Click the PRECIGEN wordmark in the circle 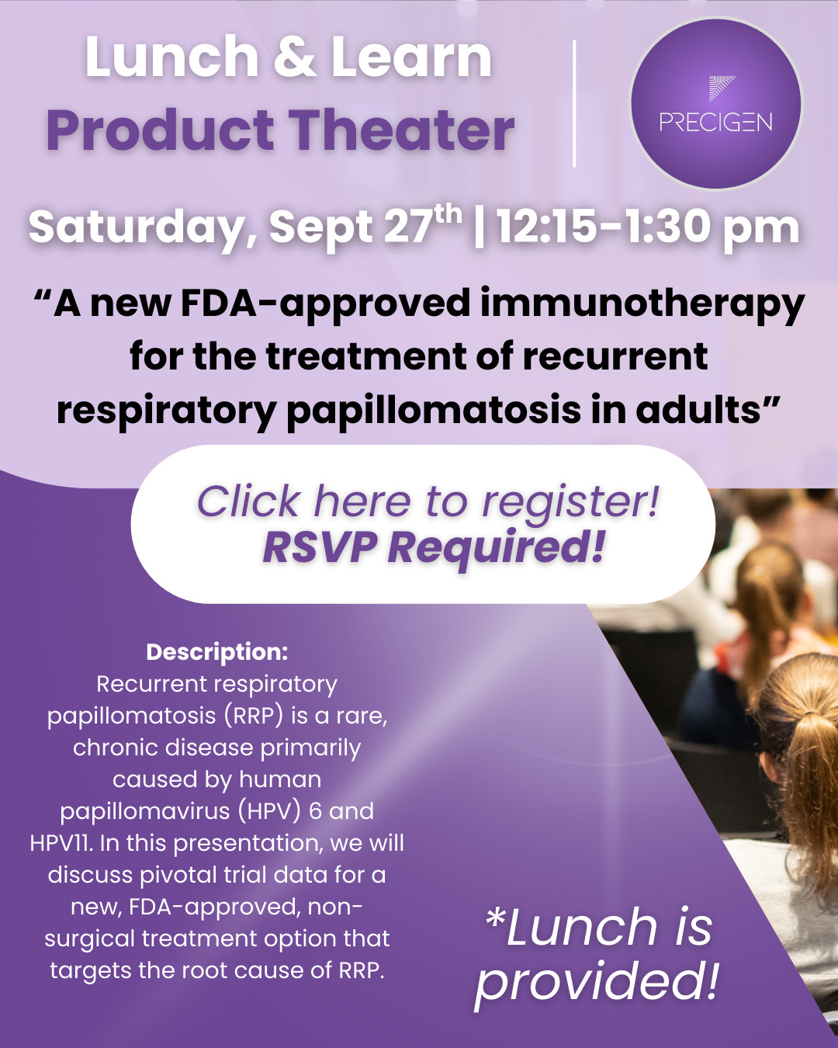click(715, 122)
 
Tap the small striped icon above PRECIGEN click(722, 88)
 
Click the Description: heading click(217, 653)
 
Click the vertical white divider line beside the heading click(575, 103)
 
